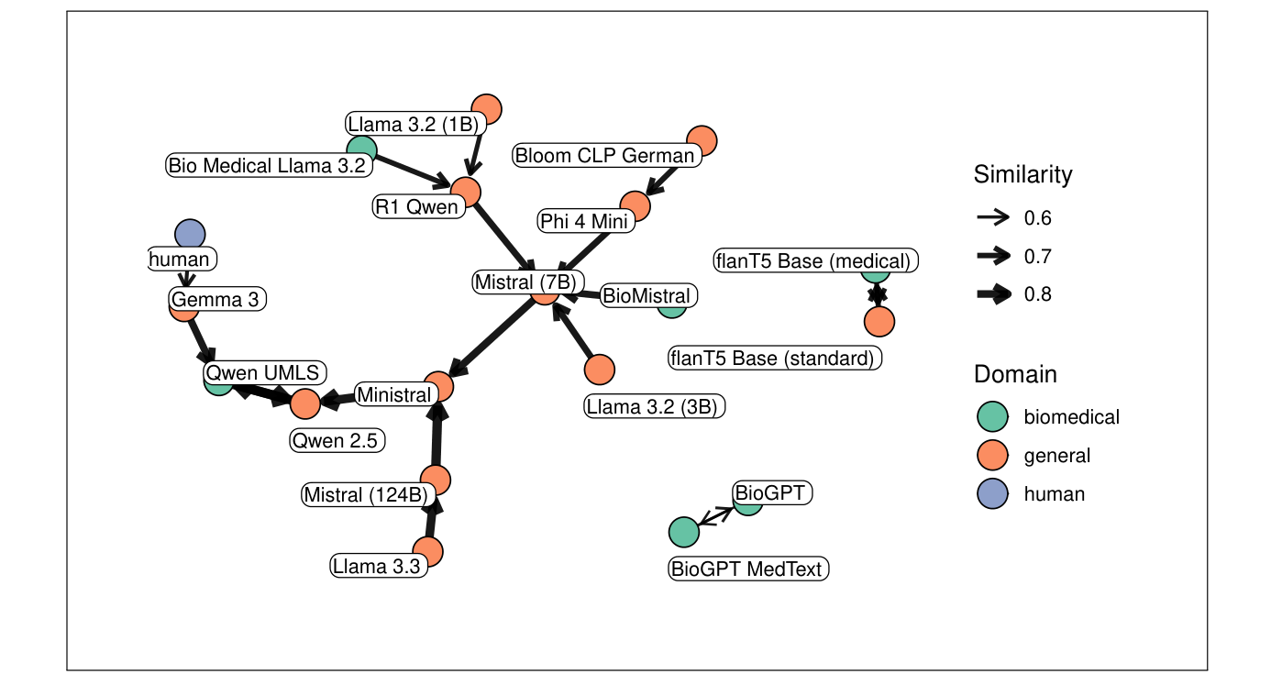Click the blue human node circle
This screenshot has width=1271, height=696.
[x=189, y=234]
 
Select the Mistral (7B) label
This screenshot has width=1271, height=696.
[x=529, y=282]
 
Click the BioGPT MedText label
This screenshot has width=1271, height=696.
[x=749, y=569]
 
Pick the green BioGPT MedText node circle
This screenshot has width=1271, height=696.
[x=683, y=532]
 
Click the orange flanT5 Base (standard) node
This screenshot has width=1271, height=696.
[x=879, y=322]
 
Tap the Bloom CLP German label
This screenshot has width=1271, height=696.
[x=606, y=155]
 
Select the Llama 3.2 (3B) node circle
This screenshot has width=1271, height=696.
[x=600, y=369]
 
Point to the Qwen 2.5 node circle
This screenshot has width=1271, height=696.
[x=304, y=403]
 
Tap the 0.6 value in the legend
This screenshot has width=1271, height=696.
[x=1037, y=218]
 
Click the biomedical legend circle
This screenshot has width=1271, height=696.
[x=992, y=417]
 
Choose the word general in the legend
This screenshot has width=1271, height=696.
[x=1056, y=456]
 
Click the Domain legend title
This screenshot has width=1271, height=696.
[x=1015, y=374]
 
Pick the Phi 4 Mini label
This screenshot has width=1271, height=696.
[x=584, y=221]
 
